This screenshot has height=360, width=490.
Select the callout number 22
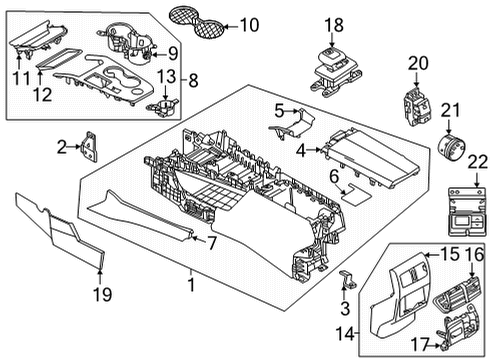(x=478, y=161)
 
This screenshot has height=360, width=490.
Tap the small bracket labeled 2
(x=91, y=148)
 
